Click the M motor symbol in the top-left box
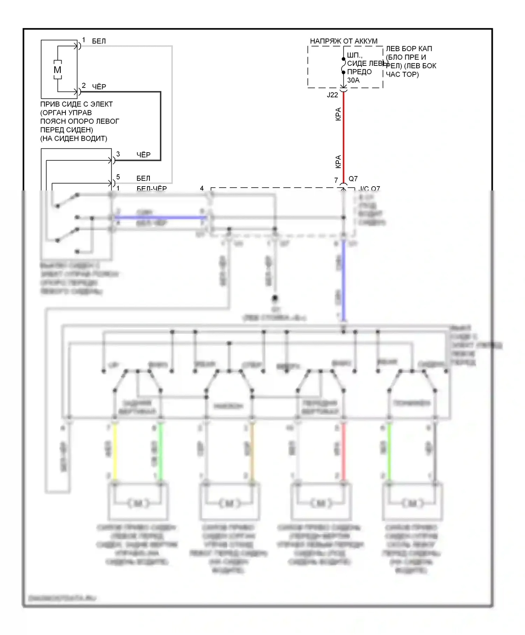(57, 70)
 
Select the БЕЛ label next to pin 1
(99, 41)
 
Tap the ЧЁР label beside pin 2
(99, 86)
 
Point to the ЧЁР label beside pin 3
(143, 155)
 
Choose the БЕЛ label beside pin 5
(143, 179)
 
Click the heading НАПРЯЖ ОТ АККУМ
(344, 41)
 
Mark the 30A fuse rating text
(353, 80)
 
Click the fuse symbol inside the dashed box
(343, 65)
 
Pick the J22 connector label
(332, 95)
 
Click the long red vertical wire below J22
(343, 137)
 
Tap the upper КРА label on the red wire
(338, 114)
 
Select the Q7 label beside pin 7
(353, 179)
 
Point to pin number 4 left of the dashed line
(202, 188)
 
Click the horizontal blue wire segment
(161, 217)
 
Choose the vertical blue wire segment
(343, 280)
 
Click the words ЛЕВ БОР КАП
(409, 49)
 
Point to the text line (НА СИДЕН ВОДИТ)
(73, 139)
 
